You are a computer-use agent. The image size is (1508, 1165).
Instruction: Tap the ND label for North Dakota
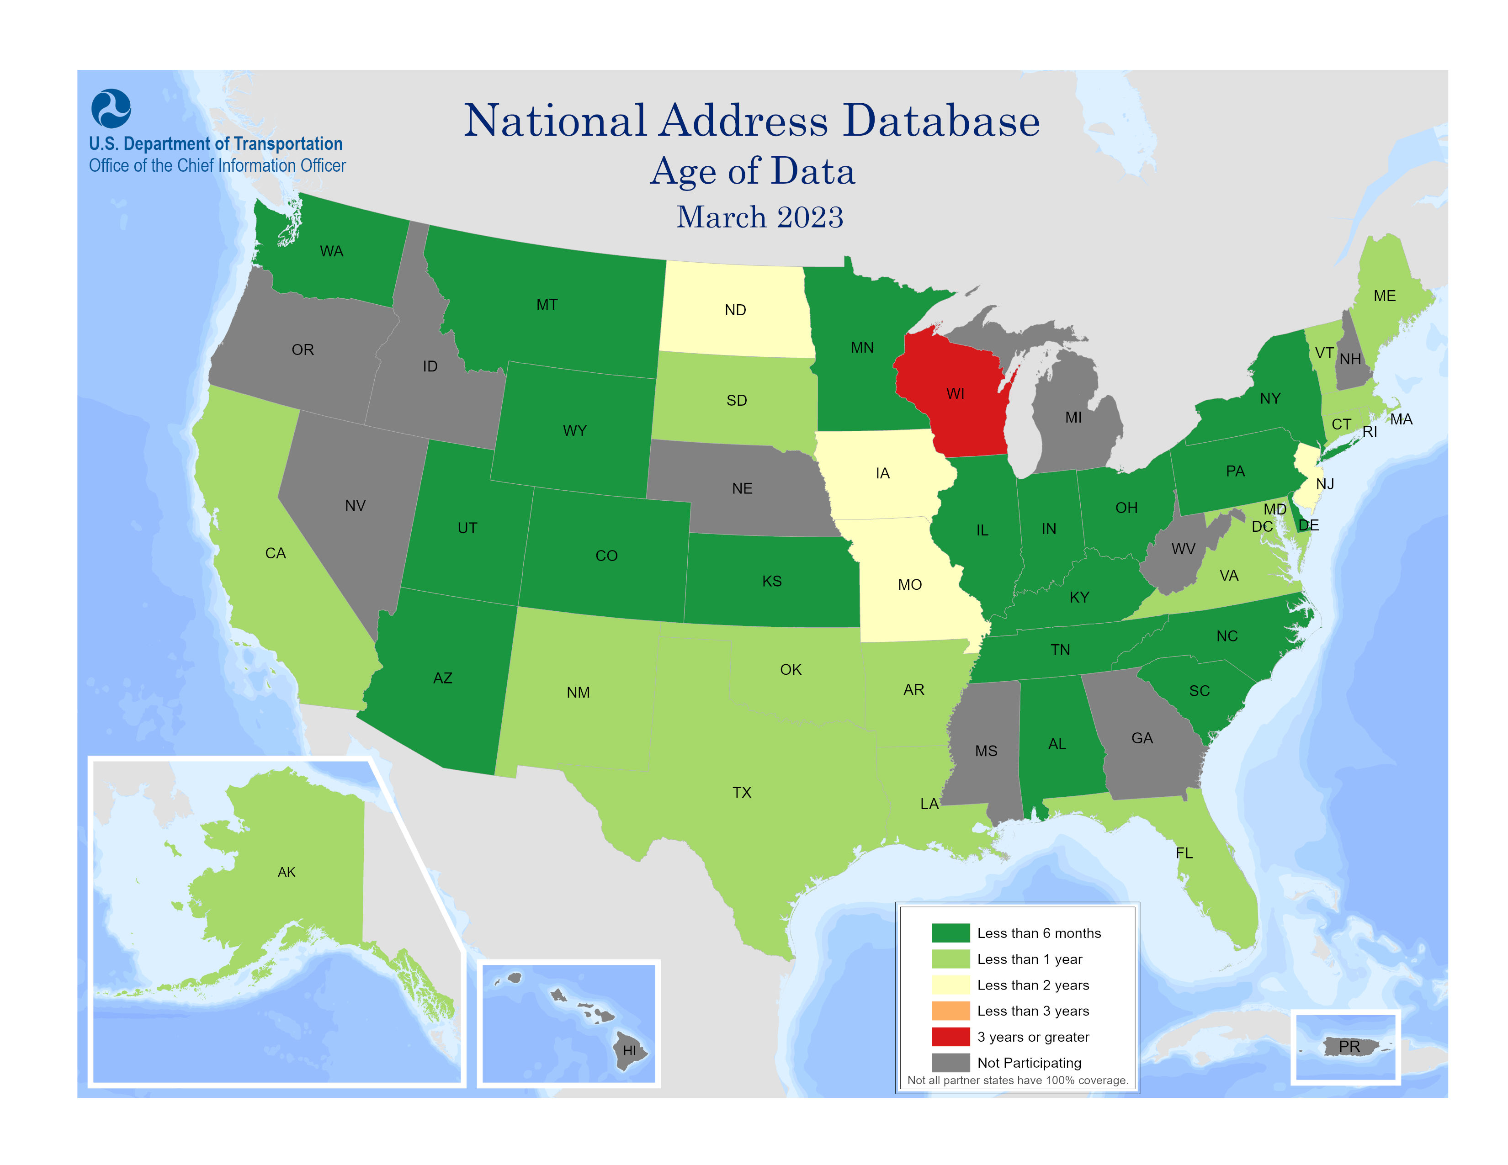coord(735,310)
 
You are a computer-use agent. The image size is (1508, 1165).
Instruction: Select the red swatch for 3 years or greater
coord(950,1037)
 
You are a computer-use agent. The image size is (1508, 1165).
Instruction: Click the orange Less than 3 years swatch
coord(950,1011)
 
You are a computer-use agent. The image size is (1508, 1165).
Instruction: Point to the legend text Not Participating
coord(1029,1063)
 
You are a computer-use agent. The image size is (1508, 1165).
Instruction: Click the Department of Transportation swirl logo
coord(111,108)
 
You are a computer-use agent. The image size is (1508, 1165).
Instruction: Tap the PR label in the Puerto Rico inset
coord(1349,1046)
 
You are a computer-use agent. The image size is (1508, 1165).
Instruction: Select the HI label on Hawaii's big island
coord(630,1050)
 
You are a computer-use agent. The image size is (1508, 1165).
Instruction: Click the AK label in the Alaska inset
coord(287,872)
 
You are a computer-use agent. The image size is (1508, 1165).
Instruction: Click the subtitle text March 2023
coord(759,217)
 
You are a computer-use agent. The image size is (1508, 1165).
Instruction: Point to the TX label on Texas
coord(742,792)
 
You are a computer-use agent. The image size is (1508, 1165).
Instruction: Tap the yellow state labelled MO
coord(909,585)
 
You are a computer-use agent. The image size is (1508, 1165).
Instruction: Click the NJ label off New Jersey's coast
coord(1324,484)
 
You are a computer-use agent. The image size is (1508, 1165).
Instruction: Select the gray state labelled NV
coord(355,505)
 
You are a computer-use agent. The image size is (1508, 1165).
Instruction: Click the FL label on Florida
coord(1184,853)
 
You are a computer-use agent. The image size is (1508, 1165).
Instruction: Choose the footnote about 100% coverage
coord(1017,1080)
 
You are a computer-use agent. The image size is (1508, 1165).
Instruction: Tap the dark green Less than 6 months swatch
coord(950,933)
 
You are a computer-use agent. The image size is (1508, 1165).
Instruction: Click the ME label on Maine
coord(1385,296)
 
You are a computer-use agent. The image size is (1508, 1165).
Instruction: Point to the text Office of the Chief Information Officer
coord(217,166)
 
